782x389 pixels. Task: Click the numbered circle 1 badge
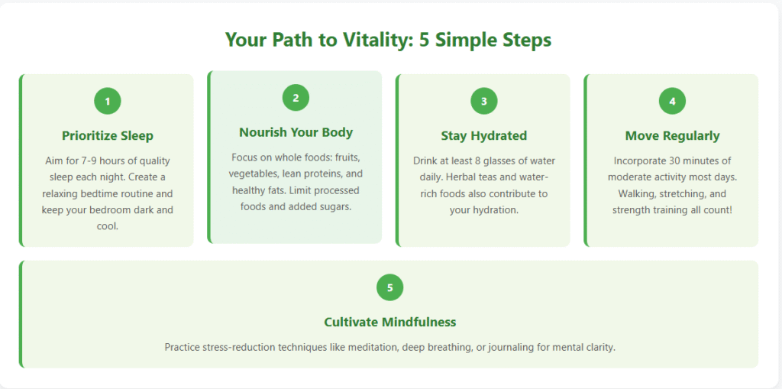pos(108,101)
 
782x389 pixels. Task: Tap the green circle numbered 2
pos(296,98)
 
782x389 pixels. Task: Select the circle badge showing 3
pos(483,101)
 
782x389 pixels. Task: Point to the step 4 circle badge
pos(672,101)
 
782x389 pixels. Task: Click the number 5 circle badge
pos(390,287)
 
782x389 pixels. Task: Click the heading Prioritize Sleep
pos(108,136)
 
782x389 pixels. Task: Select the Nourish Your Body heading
pos(296,132)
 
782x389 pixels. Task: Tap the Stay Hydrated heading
pos(483,136)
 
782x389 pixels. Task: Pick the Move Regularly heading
pos(672,136)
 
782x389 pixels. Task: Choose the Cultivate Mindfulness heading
pos(390,322)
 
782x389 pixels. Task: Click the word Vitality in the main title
pos(378,41)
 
